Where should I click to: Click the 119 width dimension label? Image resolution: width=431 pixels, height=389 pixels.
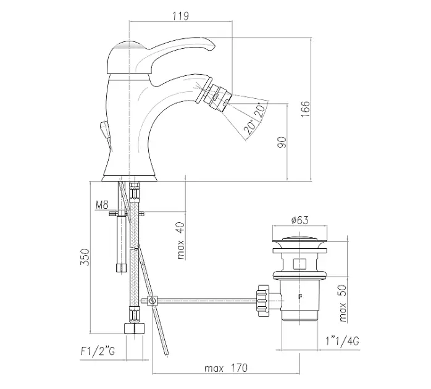[181, 15]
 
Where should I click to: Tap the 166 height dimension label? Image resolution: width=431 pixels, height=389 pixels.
[306, 109]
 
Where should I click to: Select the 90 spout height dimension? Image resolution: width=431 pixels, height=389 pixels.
[282, 142]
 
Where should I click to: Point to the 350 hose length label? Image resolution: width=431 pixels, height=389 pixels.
[85, 257]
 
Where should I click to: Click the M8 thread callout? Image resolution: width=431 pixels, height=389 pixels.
[103, 205]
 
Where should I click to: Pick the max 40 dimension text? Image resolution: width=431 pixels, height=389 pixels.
[180, 241]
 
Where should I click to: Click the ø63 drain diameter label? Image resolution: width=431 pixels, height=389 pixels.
[299, 220]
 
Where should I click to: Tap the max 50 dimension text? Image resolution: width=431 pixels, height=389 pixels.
[343, 303]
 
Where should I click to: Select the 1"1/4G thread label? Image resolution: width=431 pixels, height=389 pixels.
[343, 341]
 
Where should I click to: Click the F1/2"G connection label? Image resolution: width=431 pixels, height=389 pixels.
[98, 351]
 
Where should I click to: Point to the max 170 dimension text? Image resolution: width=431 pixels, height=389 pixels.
[225, 368]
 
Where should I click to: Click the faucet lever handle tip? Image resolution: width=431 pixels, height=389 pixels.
[212, 46]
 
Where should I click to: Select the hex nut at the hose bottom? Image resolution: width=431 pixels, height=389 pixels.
[135, 328]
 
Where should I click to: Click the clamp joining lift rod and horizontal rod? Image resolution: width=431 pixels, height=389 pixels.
[152, 301]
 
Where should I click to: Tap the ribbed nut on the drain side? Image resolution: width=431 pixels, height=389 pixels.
[263, 301]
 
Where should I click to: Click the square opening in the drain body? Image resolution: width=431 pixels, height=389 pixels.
[299, 264]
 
